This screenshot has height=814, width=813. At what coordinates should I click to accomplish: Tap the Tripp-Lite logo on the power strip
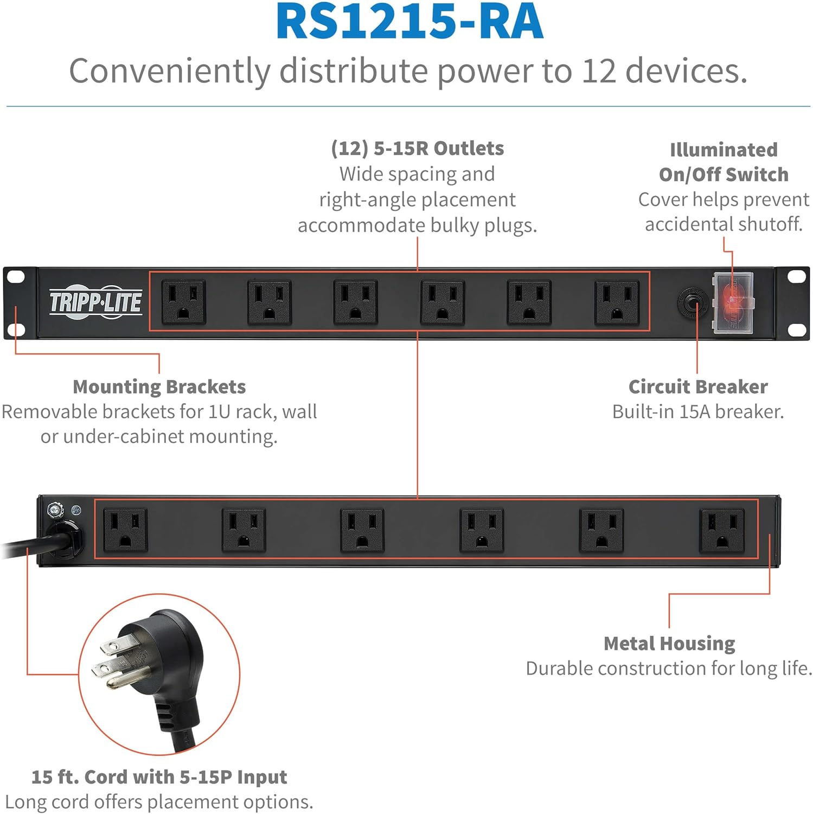pyautogui.click(x=96, y=302)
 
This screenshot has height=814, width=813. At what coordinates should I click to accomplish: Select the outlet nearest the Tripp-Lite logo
pyautogui.click(x=184, y=302)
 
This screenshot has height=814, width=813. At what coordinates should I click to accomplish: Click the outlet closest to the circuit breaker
pyautogui.click(x=617, y=302)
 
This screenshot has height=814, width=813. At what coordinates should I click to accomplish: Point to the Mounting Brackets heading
pyautogui.click(x=159, y=387)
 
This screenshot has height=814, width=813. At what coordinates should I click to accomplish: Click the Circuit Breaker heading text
pyautogui.click(x=698, y=387)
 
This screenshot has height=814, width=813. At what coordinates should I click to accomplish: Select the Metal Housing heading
pyautogui.click(x=669, y=644)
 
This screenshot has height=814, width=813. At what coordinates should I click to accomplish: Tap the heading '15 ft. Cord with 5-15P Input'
pyautogui.click(x=159, y=777)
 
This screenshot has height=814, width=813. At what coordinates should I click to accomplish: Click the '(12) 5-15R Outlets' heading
pyautogui.click(x=417, y=148)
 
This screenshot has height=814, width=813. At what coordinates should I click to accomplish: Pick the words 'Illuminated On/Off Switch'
pyautogui.click(x=724, y=162)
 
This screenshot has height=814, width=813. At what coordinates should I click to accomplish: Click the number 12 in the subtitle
pyautogui.click(x=599, y=71)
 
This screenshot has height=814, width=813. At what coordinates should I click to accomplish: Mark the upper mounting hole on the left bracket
pyautogui.click(x=16, y=277)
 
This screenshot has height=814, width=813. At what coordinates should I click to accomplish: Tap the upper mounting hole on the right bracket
pyautogui.click(x=796, y=276)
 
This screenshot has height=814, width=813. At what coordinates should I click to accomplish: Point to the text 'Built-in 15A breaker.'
pyautogui.click(x=698, y=412)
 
